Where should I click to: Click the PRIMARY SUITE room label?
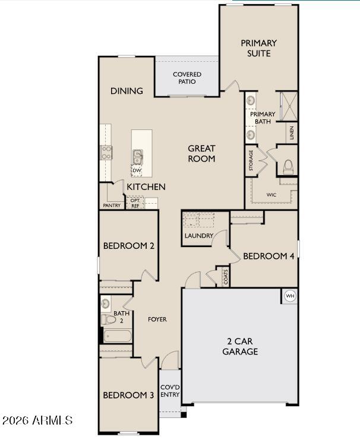259,48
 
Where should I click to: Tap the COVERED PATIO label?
187,78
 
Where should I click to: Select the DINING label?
127,91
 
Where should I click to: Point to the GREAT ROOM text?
201,153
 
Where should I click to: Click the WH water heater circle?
290,296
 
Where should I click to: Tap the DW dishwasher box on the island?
137,171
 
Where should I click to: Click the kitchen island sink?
137,157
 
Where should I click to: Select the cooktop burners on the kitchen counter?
106,153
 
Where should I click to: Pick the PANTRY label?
112,205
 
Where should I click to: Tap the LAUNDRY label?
198,236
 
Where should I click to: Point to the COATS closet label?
226,277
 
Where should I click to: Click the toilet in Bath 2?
108,319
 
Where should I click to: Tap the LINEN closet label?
292,132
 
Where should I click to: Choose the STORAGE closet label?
251,160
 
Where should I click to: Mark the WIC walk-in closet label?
271,194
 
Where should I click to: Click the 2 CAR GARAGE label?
240,346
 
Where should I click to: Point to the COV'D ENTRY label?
170,390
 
